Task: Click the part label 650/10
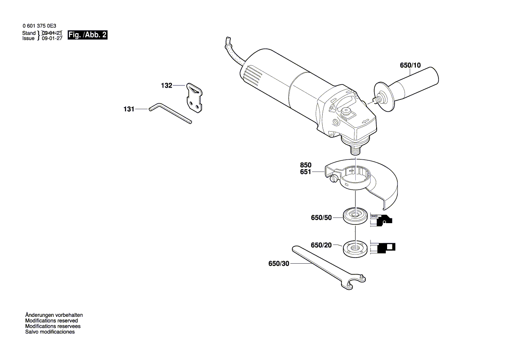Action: coord(410,66)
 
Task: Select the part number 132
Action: coord(167,86)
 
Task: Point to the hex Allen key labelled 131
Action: coord(170,113)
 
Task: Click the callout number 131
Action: coord(129,109)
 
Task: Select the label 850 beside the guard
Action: coord(306,166)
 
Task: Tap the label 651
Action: coord(306,172)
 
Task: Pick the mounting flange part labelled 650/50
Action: coord(354,217)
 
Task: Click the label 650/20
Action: coord(321,245)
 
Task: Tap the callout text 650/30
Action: coord(279,264)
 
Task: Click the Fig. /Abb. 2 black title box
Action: coord(87,35)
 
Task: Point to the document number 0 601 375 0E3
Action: coord(39,26)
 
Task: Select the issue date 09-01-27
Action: coord(52,38)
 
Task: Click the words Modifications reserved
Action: coord(51,320)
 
